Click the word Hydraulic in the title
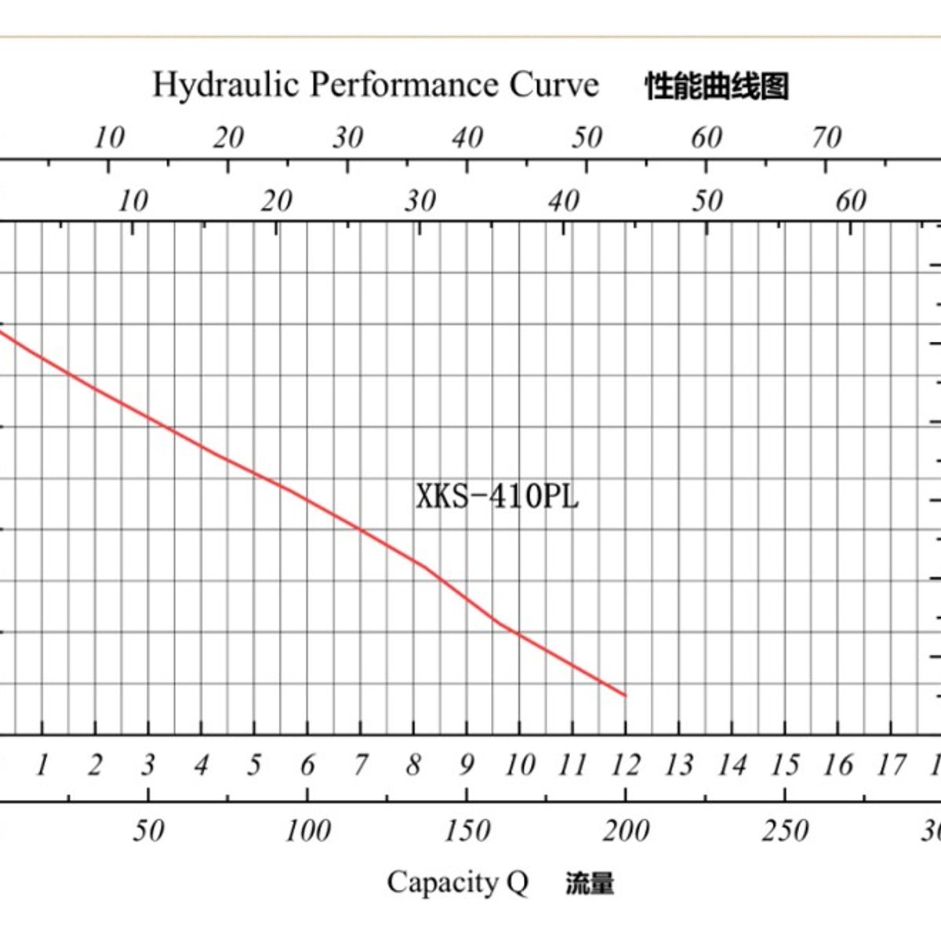point(226,85)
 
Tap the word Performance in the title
point(403,85)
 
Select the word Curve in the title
point(554,85)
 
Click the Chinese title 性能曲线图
point(716,86)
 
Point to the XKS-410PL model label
point(497,496)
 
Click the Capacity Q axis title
point(457,883)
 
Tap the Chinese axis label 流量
point(590,884)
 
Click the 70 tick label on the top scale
point(826,138)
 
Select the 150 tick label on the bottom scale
point(467,830)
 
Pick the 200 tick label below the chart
point(626,830)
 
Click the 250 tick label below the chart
point(785,830)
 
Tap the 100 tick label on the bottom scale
point(307,830)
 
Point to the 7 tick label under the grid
point(361,765)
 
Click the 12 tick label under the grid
point(625,765)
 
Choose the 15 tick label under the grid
point(784,765)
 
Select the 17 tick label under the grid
point(890,765)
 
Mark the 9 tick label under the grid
point(467,765)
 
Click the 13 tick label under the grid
point(678,765)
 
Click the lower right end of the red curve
point(625,695)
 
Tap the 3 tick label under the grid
point(148,765)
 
